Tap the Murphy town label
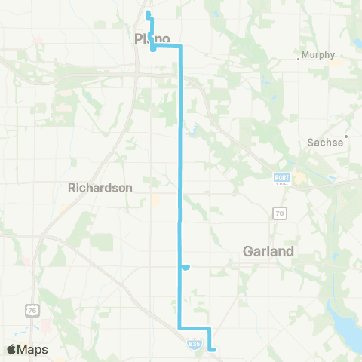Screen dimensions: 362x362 coord(318,54)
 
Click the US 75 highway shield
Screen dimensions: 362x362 coord(32,310)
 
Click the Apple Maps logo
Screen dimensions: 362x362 coord(27,349)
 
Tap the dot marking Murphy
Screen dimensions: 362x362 coord(299,55)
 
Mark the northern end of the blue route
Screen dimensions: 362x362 coord(148,13)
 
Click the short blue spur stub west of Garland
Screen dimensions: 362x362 coord(186,266)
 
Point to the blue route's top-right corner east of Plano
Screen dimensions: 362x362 coord(180,47)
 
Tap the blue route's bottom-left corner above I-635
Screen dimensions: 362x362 coord(179,327)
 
